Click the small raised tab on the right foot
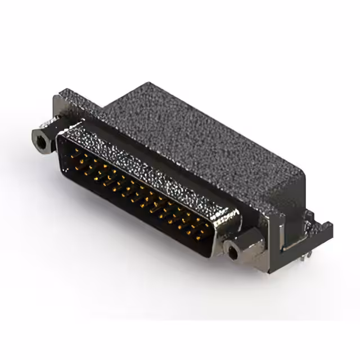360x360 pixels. coord(310,217)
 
